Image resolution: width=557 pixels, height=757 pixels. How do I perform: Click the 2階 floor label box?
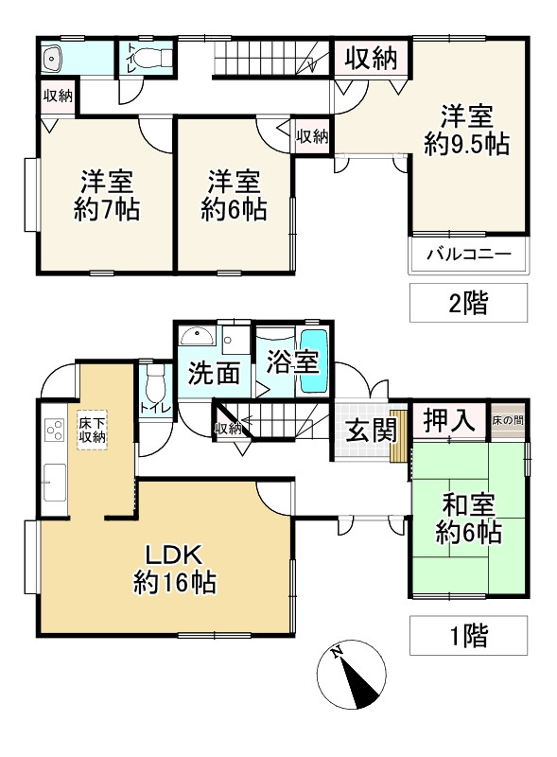[x=468, y=305]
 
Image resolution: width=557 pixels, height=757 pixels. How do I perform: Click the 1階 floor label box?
[x=468, y=635]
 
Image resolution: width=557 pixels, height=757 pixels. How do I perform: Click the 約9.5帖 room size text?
[x=467, y=145]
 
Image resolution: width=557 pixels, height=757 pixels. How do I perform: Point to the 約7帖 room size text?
[x=106, y=210]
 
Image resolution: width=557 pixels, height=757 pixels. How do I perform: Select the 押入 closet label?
[x=447, y=421]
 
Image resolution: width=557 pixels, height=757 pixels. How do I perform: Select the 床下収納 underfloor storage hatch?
[x=92, y=431]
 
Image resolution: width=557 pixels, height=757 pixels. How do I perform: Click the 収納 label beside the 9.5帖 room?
[x=369, y=59]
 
